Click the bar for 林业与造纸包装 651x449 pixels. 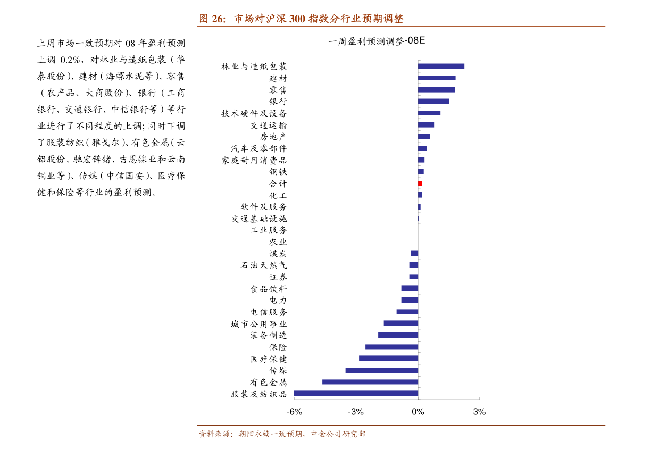(441, 66)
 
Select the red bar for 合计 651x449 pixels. (420, 183)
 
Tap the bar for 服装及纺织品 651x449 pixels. (356, 394)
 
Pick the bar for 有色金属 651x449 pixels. (370, 382)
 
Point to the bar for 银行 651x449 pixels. (433, 102)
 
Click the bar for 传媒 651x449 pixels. (382, 370)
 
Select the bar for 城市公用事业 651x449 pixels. (401, 323)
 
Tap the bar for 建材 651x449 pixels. (437, 78)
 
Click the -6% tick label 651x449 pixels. (294, 412)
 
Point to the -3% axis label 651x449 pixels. (356, 412)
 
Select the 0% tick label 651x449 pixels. (418, 412)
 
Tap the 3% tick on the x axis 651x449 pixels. (479, 412)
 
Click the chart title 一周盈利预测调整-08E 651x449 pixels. (377, 41)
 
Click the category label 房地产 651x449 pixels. (273, 137)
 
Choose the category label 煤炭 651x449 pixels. (278, 254)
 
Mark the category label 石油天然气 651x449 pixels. (264, 265)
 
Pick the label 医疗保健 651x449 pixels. (269, 359)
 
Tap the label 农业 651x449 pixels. (278, 242)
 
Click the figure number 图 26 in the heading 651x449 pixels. (213, 19)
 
